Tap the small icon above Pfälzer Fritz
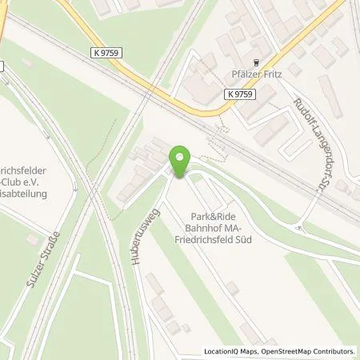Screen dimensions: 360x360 pos(256,62)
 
